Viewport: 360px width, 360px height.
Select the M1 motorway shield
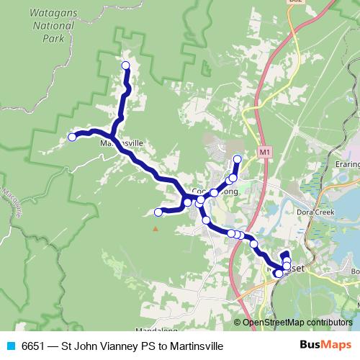click(x=264, y=153)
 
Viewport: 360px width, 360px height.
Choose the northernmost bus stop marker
click(x=125, y=66)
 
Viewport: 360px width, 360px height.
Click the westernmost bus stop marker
click(x=72, y=137)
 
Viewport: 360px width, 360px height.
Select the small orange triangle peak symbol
click(x=154, y=229)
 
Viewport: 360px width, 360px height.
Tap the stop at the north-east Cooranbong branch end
click(x=238, y=158)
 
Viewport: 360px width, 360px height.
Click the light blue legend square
click(x=11, y=346)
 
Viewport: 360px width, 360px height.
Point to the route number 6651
click(x=34, y=346)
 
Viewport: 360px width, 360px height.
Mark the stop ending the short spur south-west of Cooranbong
click(x=158, y=212)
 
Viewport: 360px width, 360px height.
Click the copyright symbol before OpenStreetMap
click(x=238, y=323)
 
